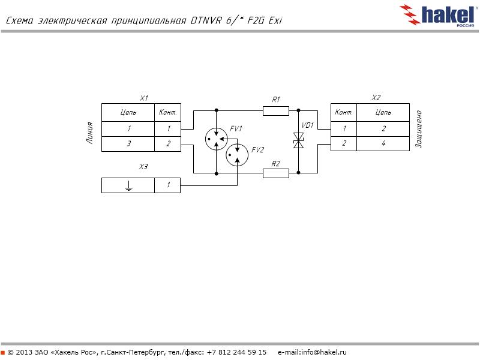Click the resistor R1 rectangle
(x=276, y=110)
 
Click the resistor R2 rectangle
(x=276, y=173)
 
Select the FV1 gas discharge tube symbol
(x=216, y=139)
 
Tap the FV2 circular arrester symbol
(x=237, y=157)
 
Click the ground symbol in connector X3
(x=128, y=186)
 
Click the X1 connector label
(x=144, y=98)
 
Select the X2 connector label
(x=376, y=98)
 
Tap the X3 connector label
(x=143, y=166)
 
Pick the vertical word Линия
(x=90, y=133)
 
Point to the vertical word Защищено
(x=419, y=129)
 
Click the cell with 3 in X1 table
(x=128, y=144)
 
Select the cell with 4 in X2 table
(x=383, y=144)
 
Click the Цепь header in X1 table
(x=128, y=112)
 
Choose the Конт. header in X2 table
(x=344, y=112)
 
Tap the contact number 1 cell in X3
(x=168, y=186)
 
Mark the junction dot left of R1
(x=216, y=110)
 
